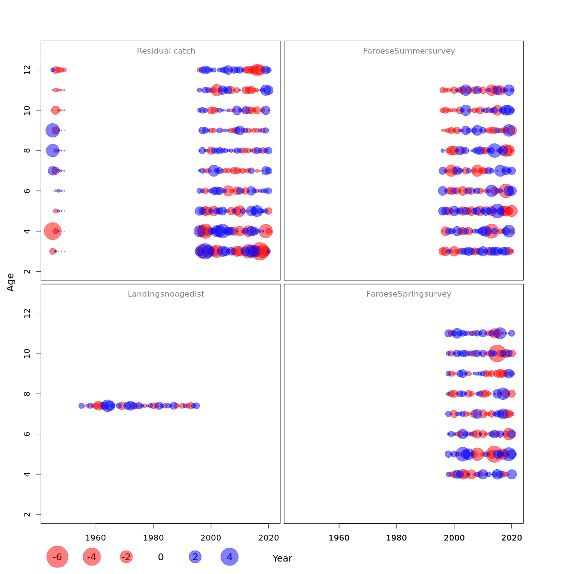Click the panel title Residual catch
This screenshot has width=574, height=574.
click(x=166, y=51)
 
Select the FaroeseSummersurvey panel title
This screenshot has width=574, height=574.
click(x=409, y=51)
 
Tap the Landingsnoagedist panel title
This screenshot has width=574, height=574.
click(x=166, y=294)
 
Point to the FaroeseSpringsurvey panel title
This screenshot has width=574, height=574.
click(x=409, y=294)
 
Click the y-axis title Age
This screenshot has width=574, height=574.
click(x=11, y=282)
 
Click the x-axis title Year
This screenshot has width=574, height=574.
click(x=282, y=558)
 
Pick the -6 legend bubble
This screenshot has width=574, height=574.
click(x=57, y=557)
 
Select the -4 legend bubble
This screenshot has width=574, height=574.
click(x=92, y=557)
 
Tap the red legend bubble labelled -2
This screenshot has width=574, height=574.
click(x=126, y=557)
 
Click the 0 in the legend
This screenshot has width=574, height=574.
click(x=161, y=557)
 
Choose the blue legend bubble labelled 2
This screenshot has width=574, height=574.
click(x=195, y=557)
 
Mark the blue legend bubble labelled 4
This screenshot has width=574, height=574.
click(x=230, y=557)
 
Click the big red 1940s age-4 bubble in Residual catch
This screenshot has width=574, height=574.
click(x=53, y=231)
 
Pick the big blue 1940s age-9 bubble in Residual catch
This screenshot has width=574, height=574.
click(x=53, y=130)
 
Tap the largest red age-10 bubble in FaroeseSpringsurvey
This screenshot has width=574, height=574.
click(x=497, y=353)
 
